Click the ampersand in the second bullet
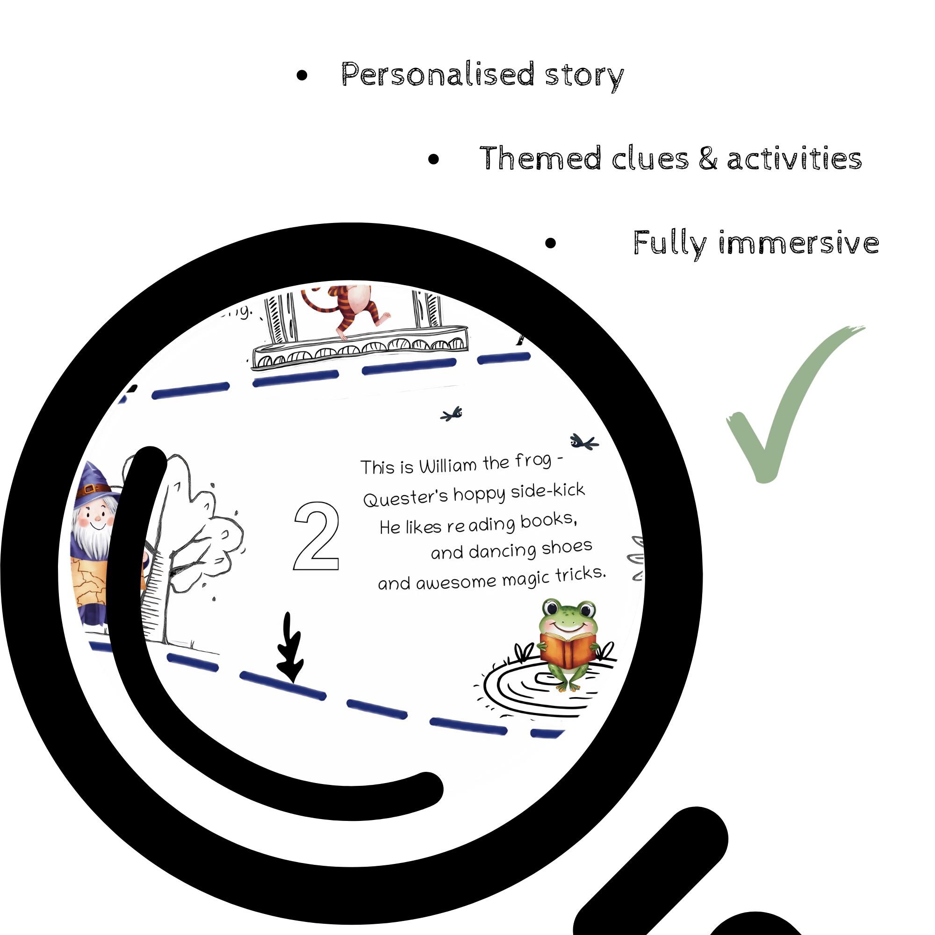click(x=708, y=159)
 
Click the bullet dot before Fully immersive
click(x=550, y=243)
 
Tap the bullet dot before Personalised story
click(x=302, y=75)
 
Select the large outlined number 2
click(x=316, y=537)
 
